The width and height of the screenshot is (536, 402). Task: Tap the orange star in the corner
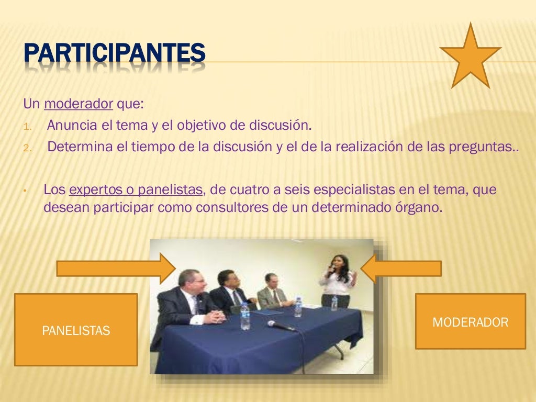[470, 58]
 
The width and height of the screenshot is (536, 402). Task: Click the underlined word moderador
[79, 104]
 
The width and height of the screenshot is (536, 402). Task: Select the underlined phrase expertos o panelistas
[135, 189]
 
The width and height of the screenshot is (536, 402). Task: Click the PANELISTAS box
[76, 330]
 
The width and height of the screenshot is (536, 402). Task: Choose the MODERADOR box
[470, 322]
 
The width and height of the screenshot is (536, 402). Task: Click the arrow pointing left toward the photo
[401, 269]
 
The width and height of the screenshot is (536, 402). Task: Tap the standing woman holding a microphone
[338, 280]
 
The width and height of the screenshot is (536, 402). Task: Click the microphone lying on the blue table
[281, 326]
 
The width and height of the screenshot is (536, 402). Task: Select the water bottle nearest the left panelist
[245, 317]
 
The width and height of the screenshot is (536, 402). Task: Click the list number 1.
[27, 127]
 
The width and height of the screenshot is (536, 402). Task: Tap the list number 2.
[27, 147]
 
